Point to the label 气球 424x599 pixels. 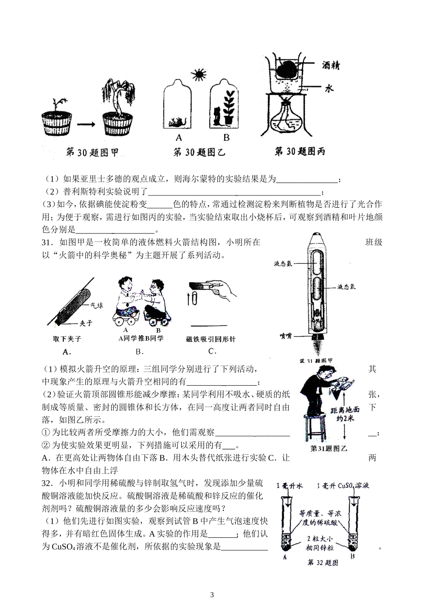(x=97, y=306)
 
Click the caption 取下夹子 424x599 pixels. (x=67, y=339)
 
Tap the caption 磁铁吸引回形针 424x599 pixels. (x=210, y=339)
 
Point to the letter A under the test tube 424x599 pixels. (x=285, y=557)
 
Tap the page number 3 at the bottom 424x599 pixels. (x=212, y=594)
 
